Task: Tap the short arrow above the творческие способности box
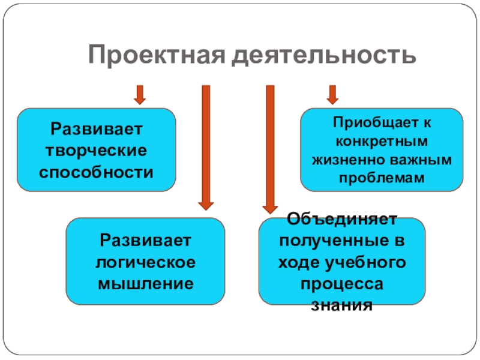click(x=140, y=94)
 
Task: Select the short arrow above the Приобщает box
click(x=332, y=94)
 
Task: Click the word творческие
click(x=97, y=150)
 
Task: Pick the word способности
click(x=97, y=172)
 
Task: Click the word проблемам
click(x=382, y=178)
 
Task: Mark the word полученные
click(x=327, y=241)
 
